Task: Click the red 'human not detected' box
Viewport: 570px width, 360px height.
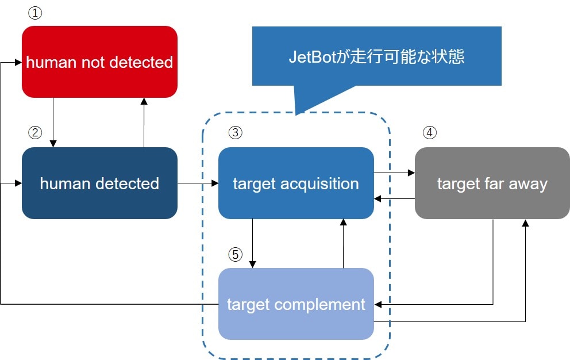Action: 99,62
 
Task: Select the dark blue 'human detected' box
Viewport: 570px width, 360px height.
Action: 99,183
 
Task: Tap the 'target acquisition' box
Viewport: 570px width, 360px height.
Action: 296,183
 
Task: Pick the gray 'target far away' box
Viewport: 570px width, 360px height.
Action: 492,183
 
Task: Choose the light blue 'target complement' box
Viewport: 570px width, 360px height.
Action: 296,304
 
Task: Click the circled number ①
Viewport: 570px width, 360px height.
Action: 35,14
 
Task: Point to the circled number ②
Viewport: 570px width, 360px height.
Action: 35,132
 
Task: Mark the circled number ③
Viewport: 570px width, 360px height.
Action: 235,132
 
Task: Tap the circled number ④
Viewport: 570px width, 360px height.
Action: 430,132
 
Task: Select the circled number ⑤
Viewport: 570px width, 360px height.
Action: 235,254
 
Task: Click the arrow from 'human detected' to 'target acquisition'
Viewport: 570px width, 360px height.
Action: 198,183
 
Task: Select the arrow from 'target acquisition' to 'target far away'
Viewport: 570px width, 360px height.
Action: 394,173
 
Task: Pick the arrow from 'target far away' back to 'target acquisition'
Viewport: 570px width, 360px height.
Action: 394,198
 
